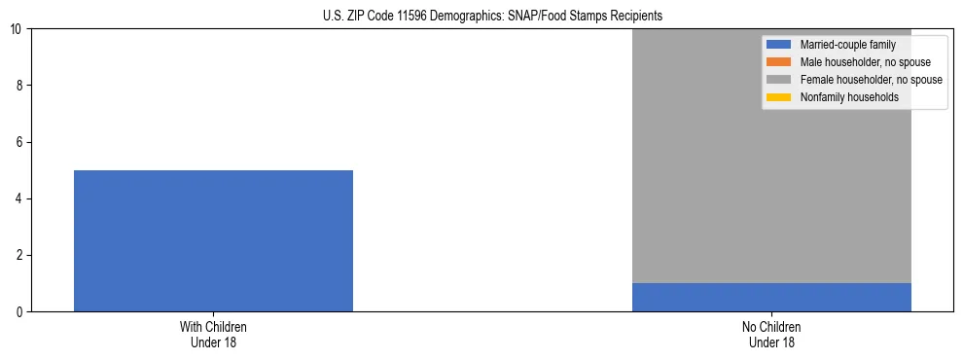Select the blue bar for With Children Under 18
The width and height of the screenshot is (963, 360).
213,240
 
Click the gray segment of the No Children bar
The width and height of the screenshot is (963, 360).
771,156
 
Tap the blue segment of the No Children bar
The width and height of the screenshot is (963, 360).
771,297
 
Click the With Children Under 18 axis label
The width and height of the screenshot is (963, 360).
213,335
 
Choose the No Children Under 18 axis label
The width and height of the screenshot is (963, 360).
771,335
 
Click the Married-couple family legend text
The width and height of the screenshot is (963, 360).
847,45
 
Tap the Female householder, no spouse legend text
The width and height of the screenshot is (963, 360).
871,80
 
